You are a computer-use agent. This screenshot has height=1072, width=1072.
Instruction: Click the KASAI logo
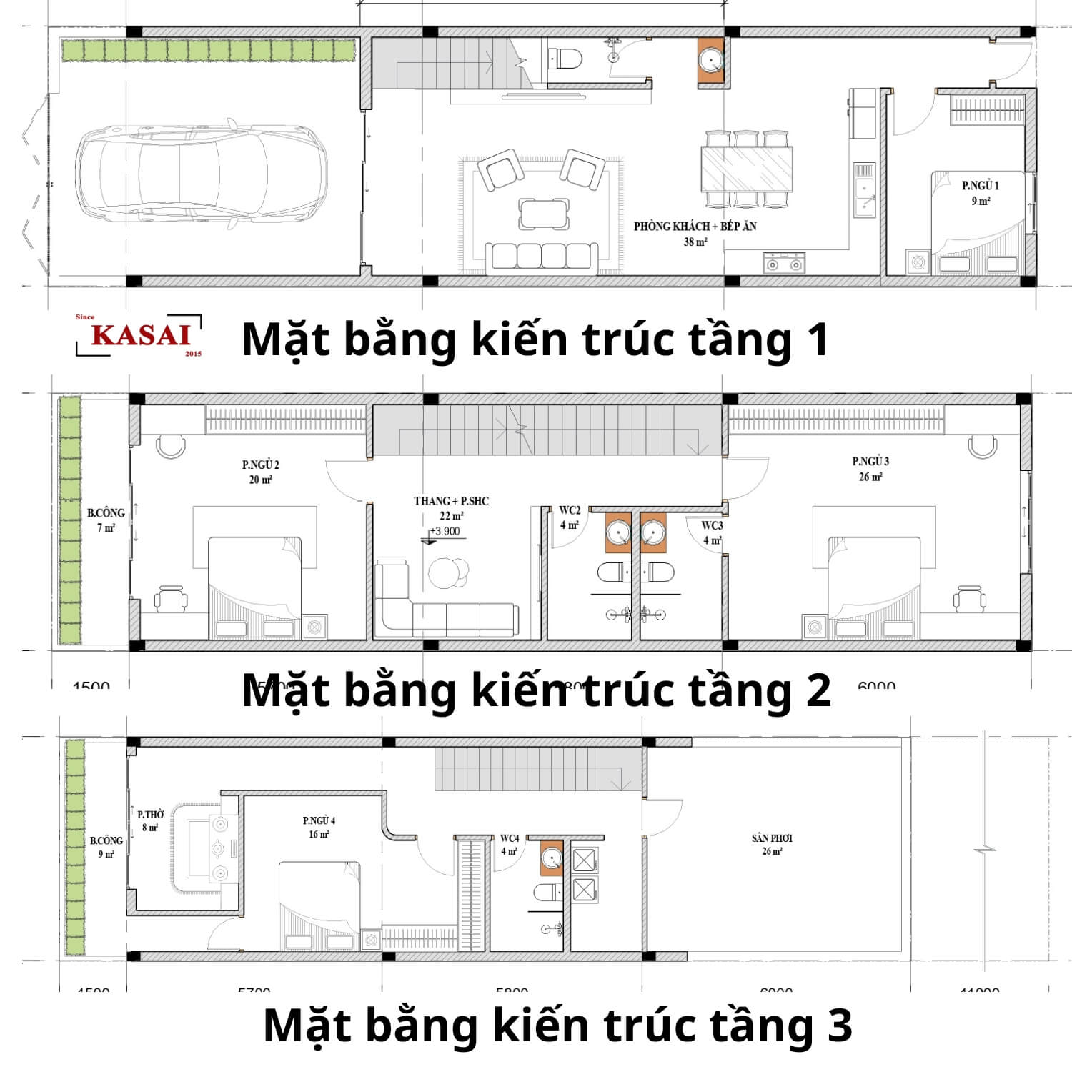140,335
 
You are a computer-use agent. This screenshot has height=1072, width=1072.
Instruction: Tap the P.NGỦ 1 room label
980,192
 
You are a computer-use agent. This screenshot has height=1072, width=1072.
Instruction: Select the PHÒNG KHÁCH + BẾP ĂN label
695,233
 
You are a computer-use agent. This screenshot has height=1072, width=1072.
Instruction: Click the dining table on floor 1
747,169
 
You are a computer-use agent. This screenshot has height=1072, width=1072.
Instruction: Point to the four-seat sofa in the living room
542,257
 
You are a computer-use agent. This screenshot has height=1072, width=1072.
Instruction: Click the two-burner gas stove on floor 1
784,263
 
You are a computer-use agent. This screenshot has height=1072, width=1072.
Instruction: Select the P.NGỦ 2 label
260,472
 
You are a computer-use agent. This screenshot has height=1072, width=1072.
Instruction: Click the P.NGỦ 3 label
870,469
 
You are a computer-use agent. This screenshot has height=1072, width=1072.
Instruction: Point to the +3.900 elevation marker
445,532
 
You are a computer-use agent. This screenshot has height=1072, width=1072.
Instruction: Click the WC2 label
570,517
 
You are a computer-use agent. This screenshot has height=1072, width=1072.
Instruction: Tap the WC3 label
712,532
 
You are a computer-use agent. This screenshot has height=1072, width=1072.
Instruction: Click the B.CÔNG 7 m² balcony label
106,520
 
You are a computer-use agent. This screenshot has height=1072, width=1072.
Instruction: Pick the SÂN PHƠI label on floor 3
772,844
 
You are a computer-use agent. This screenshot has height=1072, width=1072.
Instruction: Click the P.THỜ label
150,820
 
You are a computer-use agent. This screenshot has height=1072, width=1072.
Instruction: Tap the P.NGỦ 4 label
319,827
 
